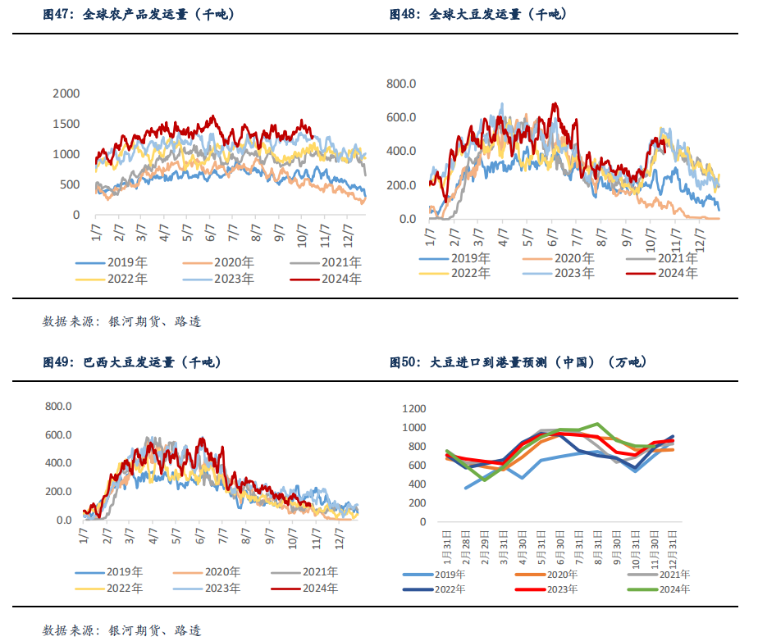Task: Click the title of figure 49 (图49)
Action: click(x=131, y=361)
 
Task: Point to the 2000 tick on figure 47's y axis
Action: click(x=66, y=93)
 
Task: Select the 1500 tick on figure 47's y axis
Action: click(x=66, y=124)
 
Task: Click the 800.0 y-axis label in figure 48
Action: click(x=402, y=84)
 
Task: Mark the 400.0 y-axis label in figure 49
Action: click(x=58, y=463)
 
